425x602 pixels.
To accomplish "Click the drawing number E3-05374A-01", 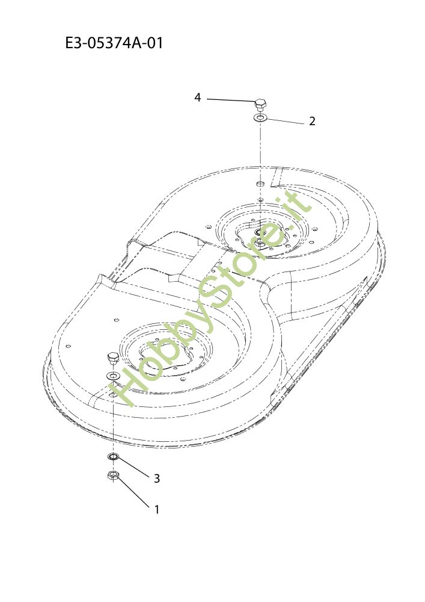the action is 114,43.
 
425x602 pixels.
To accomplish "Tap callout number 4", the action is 197,98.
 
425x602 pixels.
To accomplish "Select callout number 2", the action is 312,121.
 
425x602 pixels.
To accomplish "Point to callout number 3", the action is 156,479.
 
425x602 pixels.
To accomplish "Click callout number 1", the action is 156,509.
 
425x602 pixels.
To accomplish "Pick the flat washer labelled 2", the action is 260,117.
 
